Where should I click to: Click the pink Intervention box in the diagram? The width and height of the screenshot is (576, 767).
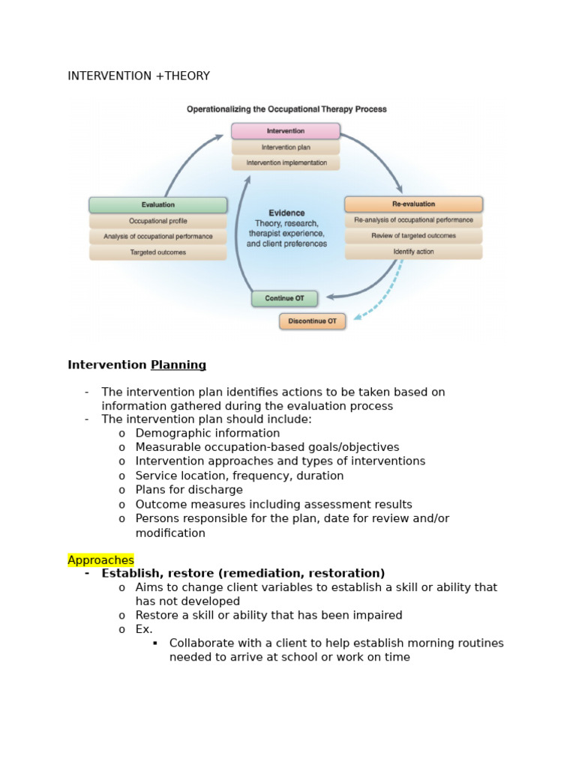285,131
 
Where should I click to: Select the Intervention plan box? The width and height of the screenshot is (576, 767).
285,148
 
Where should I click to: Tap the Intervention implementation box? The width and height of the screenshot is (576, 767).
285,163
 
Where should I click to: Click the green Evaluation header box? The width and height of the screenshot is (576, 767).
157,204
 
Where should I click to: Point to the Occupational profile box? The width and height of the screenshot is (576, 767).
157,221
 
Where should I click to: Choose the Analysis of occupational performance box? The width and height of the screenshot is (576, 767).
157,237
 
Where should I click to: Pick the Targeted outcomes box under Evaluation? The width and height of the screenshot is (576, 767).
157,252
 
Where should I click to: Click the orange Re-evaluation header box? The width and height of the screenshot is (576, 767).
413,204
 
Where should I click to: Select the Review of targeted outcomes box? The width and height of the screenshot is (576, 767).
413,236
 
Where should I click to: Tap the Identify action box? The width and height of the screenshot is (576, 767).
413,252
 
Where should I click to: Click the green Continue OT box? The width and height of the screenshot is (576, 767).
284,298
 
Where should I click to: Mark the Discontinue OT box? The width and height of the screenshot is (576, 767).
312,321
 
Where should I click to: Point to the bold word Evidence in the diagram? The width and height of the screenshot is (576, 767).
286,213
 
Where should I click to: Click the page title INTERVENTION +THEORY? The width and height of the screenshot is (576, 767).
139,76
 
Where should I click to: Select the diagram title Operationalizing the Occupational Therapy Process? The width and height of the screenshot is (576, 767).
286,109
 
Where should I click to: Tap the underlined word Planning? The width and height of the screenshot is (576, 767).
178,365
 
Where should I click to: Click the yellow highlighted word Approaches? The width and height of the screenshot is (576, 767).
100,560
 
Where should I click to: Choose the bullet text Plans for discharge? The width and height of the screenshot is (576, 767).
189,490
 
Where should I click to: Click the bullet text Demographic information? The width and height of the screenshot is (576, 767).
207,433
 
